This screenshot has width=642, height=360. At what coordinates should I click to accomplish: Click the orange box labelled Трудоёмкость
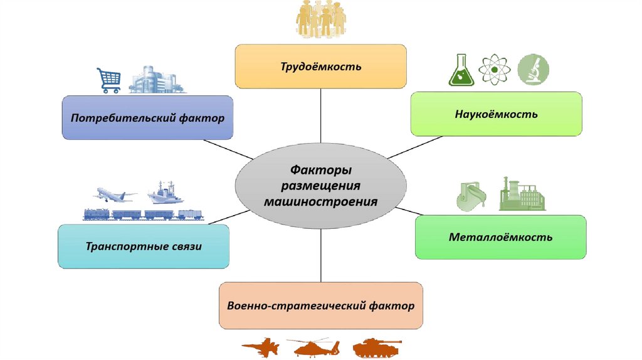(x=320, y=66)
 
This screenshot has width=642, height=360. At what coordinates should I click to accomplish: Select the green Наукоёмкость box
(x=496, y=114)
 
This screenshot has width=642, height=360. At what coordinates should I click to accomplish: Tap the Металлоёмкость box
(x=500, y=237)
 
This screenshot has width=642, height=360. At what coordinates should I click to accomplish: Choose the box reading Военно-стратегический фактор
(x=320, y=306)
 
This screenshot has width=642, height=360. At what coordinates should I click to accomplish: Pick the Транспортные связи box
(x=144, y=246)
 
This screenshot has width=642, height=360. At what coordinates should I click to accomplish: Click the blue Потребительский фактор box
(x=147, y=117)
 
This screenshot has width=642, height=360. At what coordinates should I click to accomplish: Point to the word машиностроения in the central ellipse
(x=320, y=202)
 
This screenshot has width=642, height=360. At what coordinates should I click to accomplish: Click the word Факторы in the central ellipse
(x=320, y=170)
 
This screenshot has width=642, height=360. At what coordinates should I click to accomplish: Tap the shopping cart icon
(x=108, y=80)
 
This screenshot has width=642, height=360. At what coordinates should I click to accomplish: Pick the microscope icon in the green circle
(x=534, y=70)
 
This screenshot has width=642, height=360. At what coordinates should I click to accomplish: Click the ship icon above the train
(x=164, y=193)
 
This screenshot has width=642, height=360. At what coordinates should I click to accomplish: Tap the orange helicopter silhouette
(x=313, y=347)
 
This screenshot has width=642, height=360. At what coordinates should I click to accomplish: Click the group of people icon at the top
(x=320, y=19)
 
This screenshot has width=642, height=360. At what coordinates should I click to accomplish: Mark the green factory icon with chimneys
(x=522, y=194)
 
